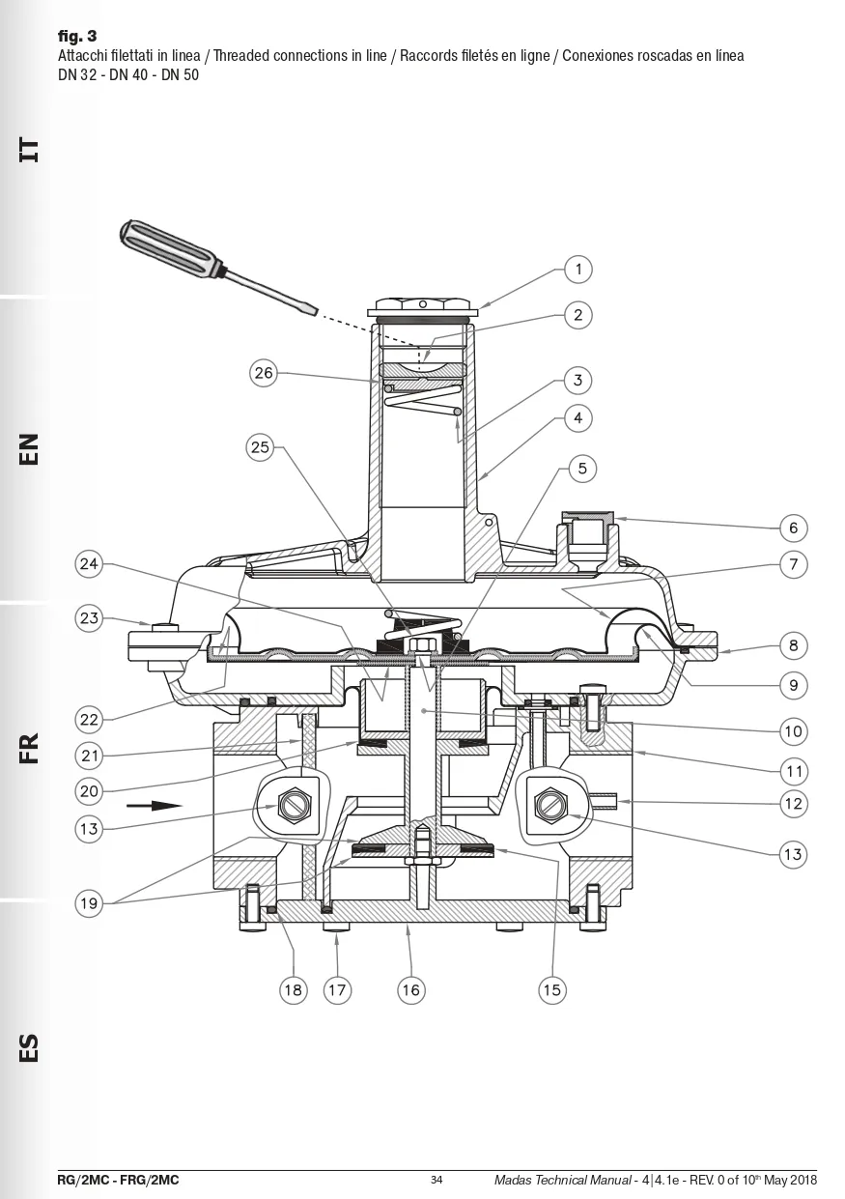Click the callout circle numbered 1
pos(577,269)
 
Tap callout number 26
pos(264,373)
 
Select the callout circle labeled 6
pos(793,528)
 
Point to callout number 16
pos(411,989)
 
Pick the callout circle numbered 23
pos(89,617)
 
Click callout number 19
pos(89,903)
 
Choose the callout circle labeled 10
pos(793,731)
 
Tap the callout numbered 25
pos(260,447)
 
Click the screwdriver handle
pos(169,249)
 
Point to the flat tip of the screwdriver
pos(315,311)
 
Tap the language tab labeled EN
pos(29,448)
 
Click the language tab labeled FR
pos(29,748)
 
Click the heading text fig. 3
pos(77,36)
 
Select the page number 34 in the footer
pos(437,1180)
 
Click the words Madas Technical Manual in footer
pos(562,1180)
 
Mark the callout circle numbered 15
pos(551,989)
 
